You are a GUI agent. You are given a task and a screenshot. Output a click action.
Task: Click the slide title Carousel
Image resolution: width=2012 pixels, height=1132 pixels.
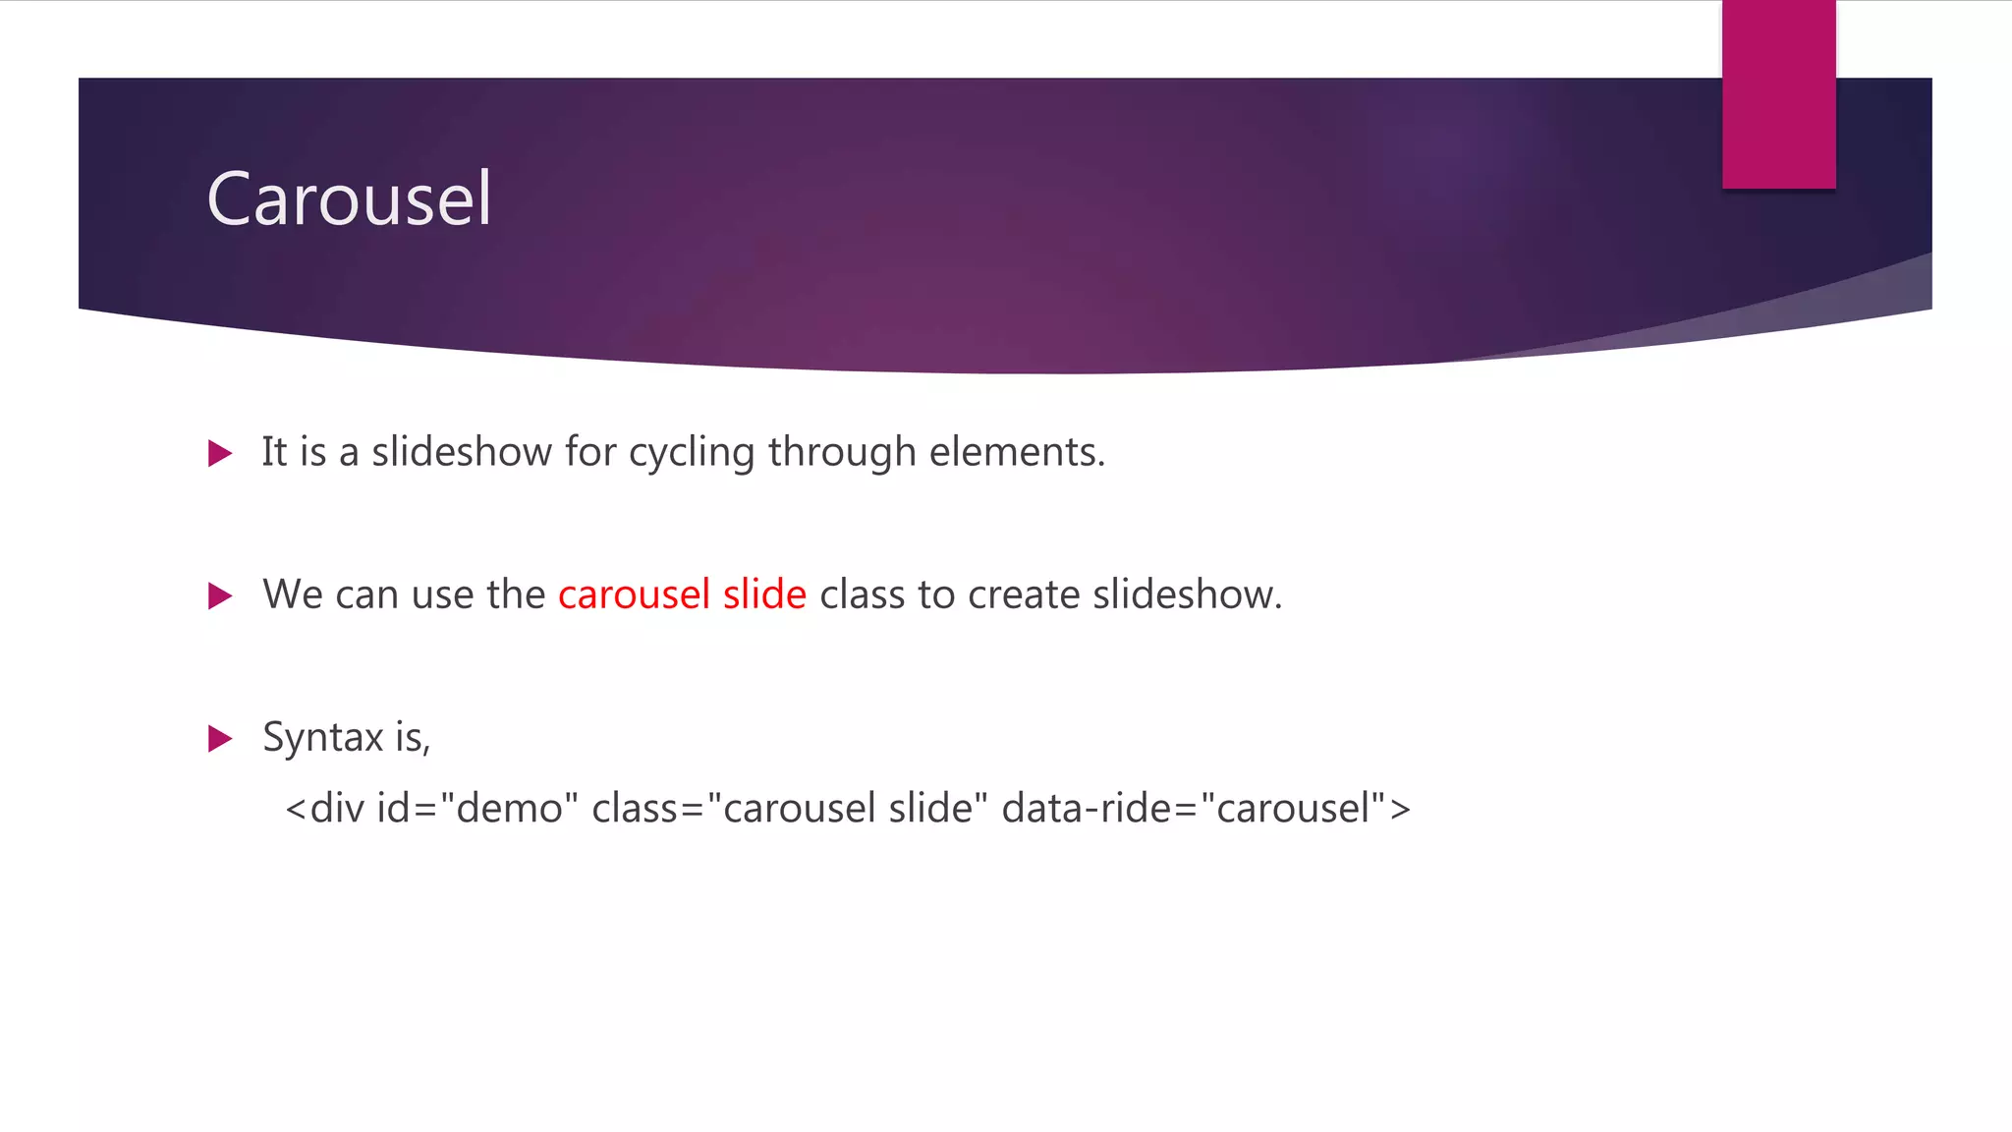[x=349, y=199]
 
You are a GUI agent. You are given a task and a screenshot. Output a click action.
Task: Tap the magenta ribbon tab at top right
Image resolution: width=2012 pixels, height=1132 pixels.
[x=1778, y=93]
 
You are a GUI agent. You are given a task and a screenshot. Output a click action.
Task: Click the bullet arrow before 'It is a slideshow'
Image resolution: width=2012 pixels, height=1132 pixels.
[x=220, y=454]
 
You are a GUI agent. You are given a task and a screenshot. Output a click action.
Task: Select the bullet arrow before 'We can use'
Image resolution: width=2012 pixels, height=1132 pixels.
[x=220, y=595]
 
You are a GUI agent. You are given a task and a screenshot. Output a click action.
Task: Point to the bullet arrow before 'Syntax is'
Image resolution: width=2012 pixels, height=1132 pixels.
[x=220, y=739]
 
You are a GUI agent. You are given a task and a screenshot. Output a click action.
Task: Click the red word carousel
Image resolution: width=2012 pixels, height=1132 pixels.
[x=634, y=594]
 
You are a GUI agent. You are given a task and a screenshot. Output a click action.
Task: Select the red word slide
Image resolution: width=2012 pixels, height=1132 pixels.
[x=764, y=594]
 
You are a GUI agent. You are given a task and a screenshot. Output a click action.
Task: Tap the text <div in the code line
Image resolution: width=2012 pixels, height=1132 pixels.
[x=324, y=809]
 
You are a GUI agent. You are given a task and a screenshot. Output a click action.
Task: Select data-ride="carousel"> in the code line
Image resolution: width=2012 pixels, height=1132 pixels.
[x=1205, y=809]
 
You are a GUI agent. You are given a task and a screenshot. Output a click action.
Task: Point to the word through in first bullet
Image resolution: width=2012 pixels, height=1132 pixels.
[x=842, y=453]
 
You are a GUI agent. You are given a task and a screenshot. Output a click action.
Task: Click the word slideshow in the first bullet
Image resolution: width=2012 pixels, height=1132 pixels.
[x=462, y=452]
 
